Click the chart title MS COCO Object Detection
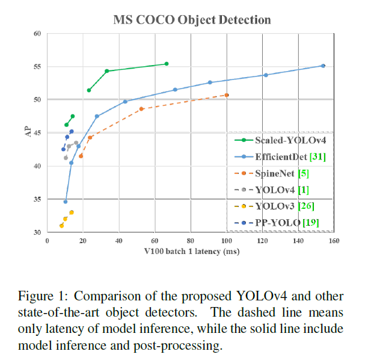(192, 20)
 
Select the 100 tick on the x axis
(226, 240)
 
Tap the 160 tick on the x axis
(334, 240)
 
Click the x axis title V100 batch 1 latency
(191, 252)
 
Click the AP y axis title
(27, 132)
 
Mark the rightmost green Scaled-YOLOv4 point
(167, 64)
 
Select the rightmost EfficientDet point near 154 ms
(323, 66)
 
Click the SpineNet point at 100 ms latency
(227, 95)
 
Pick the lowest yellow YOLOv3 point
(61, 226)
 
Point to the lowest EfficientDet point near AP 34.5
(66, 202)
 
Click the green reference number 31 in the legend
(317, 157)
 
